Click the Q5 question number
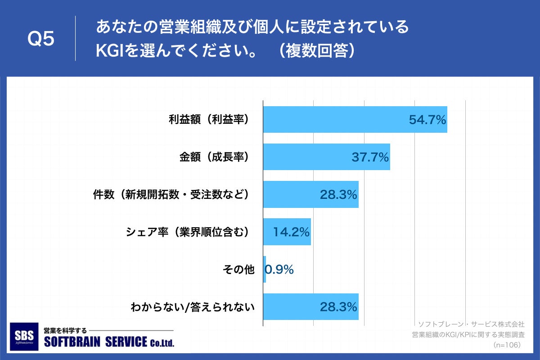pos(41,39)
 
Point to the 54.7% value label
pos(427,120)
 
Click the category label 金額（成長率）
pos(214,157)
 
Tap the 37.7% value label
pos(370,157)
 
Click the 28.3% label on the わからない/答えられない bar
pos(338,307)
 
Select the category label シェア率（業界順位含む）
pos(188,232)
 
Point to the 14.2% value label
pos(292,232)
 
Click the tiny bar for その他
pos(265,270)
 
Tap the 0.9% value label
pos(279,270)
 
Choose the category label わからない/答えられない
pos(193,307)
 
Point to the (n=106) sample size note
pos(507,345)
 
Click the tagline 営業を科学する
pos(65,330)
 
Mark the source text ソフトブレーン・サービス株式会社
pos(471,324)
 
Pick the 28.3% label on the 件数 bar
pos(338,194)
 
